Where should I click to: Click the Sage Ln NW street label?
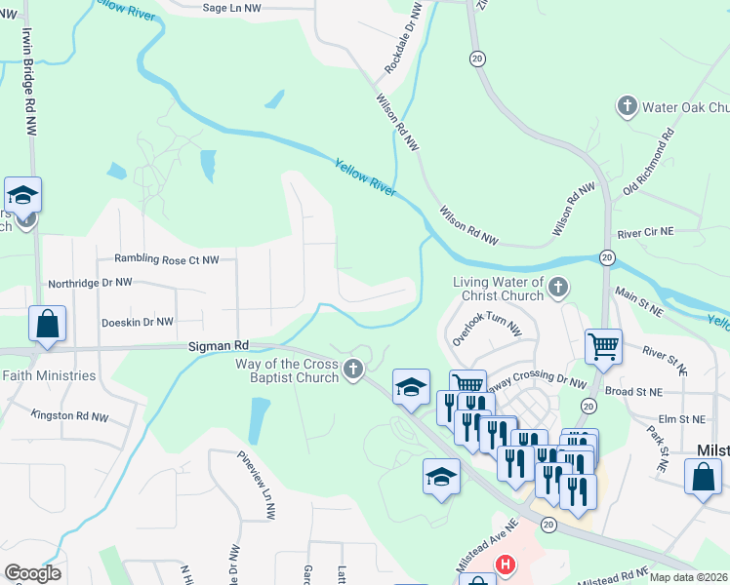[x=232, y=8]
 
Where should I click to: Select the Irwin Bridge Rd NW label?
[x=28, y=66]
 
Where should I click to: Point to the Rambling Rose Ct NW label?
[x=167, y=259]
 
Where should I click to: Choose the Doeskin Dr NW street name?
[x=137, y=322]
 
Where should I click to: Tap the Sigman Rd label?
[x=219, y=345]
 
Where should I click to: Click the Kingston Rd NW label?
[x=69, y=415]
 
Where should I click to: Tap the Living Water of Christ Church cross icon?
[x=557, y=287]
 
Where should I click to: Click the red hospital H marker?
[x=505, y=564]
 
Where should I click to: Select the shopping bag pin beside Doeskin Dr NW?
[x=47, y=325]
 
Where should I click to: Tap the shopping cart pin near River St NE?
[x=604, y=346]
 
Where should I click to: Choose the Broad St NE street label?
[x=633, y=391]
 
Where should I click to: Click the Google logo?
[x=32, y=573]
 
